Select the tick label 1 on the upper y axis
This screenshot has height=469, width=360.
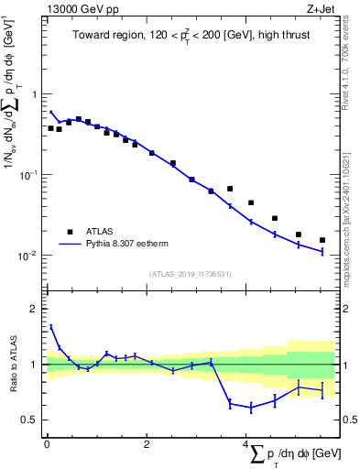click(36, 94)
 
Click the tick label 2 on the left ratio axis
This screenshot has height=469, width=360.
click(36, 309)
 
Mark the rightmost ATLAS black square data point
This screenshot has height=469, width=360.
click(322, 240)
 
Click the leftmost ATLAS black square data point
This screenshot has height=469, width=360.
click(50, 128)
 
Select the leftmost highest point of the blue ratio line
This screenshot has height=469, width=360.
click(50, 326)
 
